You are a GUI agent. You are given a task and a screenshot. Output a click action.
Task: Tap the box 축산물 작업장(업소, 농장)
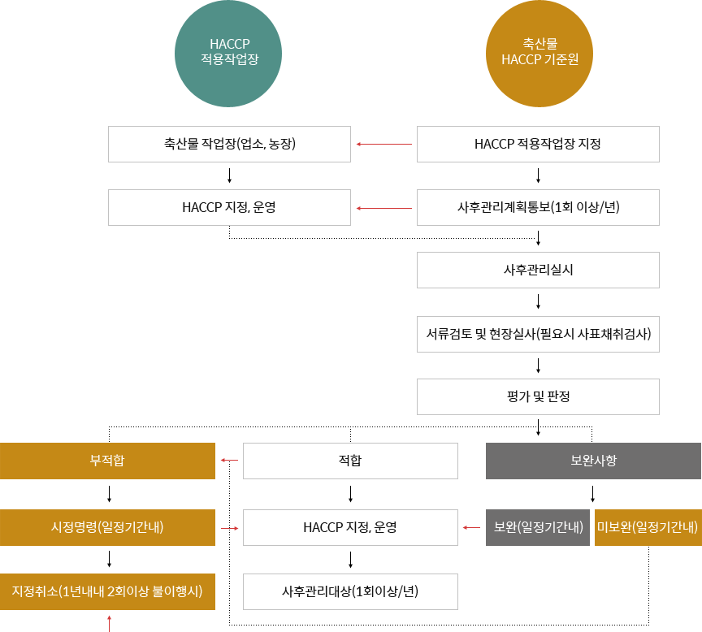click(x=229, y=144)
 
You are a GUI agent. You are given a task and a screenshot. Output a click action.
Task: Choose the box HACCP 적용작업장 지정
click(x=538, y=144)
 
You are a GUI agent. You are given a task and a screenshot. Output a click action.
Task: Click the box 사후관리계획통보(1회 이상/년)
click(x=538, y=207)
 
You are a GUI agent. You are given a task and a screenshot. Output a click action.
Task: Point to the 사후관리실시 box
click(x=538, y=270)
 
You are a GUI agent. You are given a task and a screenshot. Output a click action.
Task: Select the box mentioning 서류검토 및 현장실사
click(x=538, y=333)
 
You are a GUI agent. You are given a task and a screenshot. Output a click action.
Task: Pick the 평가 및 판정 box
click(x=538, y=396)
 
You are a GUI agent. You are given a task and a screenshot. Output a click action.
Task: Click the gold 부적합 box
click(x=107, y=461)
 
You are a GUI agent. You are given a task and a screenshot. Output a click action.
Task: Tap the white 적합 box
click(x=350, y=461)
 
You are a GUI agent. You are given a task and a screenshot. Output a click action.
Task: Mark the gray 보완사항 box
click(x=593, y=461)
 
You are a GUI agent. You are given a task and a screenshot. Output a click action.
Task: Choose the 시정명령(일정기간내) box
click(x=107, y=527)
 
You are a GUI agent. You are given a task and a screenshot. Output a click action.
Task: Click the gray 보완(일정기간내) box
click(x=538, y=527)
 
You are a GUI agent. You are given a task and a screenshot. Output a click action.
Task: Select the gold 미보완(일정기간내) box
click(x=648, y=527)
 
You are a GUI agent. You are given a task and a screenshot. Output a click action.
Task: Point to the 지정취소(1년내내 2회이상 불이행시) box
click(x=107, y=591)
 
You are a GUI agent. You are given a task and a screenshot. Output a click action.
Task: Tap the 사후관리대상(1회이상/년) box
click(x=350, y=591)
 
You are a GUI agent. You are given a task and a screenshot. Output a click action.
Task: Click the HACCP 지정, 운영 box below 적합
click(x=350, y=527)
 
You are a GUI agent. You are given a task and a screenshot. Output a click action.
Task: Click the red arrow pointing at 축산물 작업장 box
click(x=384, y=145)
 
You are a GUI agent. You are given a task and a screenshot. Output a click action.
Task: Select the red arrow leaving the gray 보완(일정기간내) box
click(x=471, y=528)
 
